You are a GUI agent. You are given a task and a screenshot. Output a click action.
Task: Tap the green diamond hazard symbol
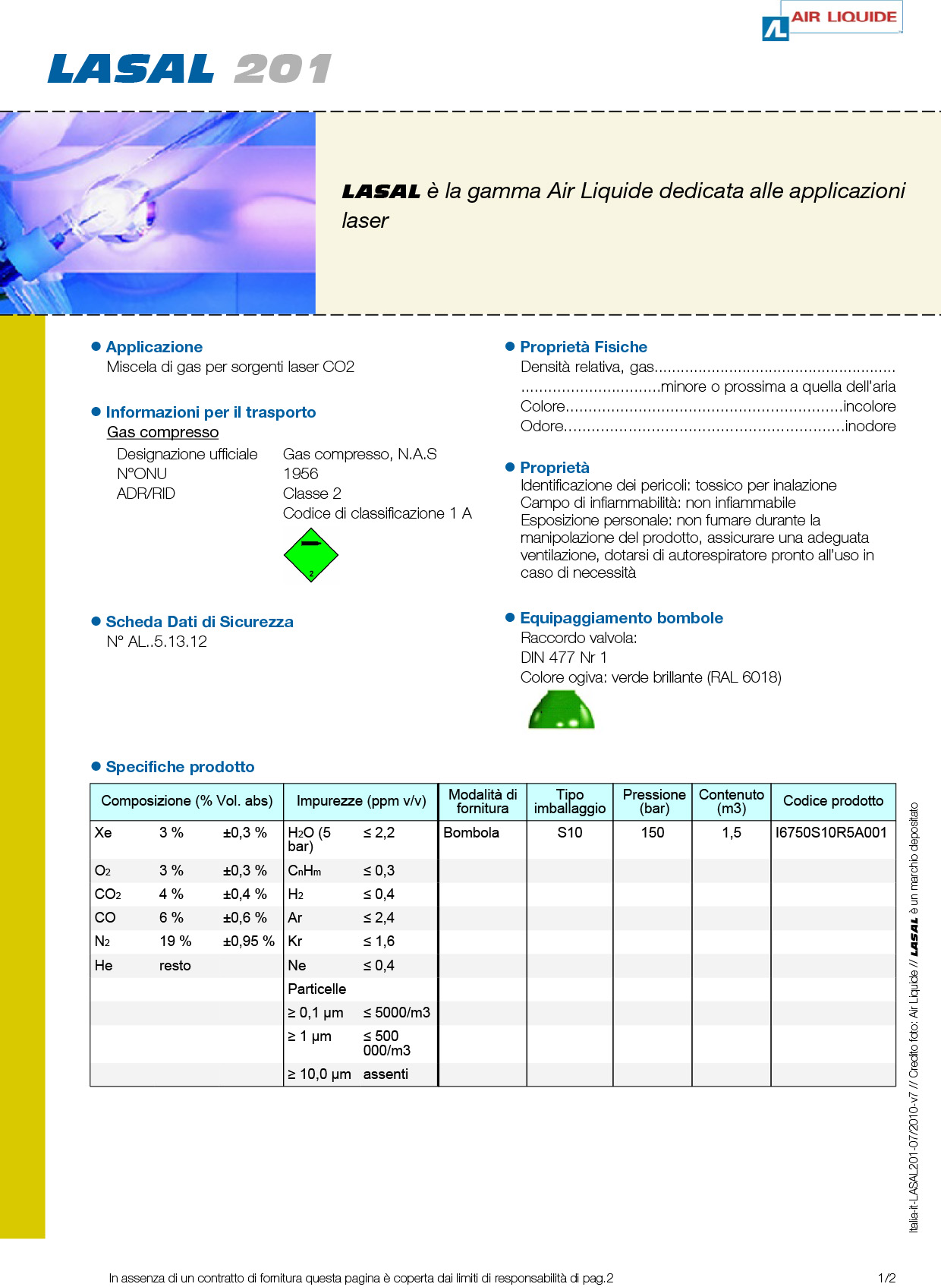click(310, 555)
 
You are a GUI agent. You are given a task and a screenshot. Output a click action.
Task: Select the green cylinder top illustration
click(562, 711)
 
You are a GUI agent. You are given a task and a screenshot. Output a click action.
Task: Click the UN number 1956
click(301, 474)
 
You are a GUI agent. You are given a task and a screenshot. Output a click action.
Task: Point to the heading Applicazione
click(154, 347)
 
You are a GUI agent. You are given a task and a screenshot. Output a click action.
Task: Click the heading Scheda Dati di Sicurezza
click(200, 622)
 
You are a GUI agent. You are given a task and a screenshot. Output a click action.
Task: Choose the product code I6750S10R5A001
click(831, 833)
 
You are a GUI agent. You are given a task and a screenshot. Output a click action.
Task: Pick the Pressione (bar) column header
click(653, 801)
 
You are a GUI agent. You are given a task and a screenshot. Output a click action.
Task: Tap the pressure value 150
click(653, 833)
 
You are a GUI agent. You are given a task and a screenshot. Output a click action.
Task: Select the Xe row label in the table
click(103, 833)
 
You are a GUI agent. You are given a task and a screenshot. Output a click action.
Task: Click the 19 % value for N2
click(175, 942)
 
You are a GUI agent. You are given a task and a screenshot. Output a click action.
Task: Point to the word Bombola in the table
click(471, 833)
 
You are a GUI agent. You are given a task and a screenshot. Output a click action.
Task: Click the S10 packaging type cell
click(570, 833)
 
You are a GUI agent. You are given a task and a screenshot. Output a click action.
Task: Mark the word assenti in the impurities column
click(386, 1074)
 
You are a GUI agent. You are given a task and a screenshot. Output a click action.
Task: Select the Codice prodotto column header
click(833, 801)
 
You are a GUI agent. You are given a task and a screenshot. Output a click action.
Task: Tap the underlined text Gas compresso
click(162, 432)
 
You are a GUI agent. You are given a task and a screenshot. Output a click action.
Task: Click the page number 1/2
click(886, 1278)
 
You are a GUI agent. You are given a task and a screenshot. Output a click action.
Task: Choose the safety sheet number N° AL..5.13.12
click(157, 642)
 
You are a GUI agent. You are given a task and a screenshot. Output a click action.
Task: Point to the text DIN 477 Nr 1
click(564, 658)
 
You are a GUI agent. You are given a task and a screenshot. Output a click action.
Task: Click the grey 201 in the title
click(282, 69)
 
